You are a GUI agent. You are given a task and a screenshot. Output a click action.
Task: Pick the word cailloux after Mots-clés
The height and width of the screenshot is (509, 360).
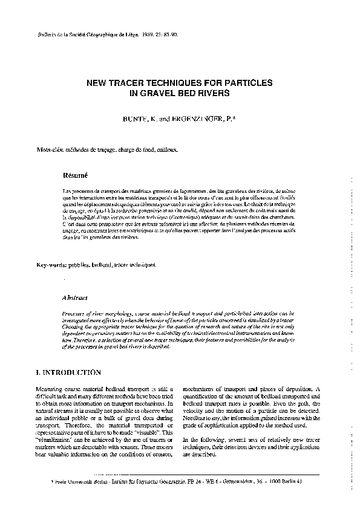166,148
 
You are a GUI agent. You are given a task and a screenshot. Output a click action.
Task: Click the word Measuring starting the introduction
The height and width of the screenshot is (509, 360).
50,388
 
